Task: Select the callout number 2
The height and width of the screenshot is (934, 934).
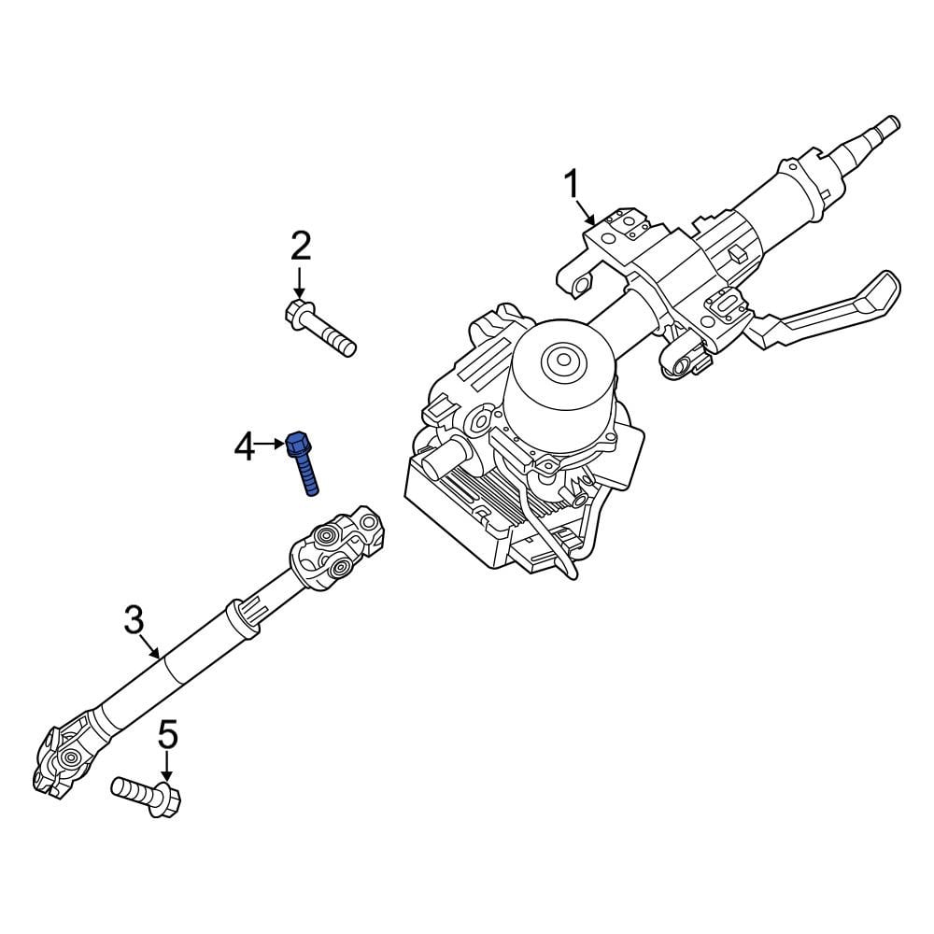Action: [x=300, y=247]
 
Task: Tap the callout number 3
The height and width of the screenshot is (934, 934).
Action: [x=134, y=618]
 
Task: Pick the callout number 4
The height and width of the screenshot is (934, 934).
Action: [x=245, y=446]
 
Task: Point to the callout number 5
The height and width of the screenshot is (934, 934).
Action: [x=167, y=735]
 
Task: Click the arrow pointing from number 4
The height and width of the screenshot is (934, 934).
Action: [x=270, y=445]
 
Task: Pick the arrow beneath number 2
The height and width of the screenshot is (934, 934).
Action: [x=299, y=282]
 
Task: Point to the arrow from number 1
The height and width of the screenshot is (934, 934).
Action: [x=587, y=212]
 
